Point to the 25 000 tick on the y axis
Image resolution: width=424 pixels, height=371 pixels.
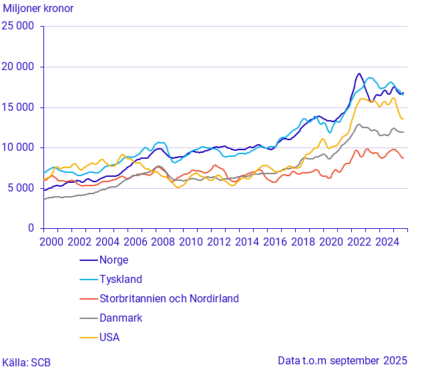pyautogui.click(x=20, y=27)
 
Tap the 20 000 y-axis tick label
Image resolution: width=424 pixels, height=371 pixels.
pyautogui.click(x=20, y=67)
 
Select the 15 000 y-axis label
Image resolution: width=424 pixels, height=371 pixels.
pyautogui.click(x=20, y=107)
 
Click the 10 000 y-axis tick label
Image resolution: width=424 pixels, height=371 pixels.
pyautogui.click(x=20, y=147)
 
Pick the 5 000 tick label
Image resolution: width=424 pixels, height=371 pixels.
pyautogui.click(x=23, y=188)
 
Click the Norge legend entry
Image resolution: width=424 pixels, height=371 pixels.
pyautogui.click(x=114, y=260)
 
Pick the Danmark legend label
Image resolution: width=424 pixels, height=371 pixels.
pyautogui.click(x=121, y=318)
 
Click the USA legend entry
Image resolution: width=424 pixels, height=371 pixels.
pyautogui.click(x=110, y=338)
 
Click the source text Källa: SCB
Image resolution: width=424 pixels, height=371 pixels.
pyautogui.click(x=26, y=362)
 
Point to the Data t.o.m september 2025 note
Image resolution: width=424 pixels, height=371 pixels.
pyautogui.click(x=343, y=361)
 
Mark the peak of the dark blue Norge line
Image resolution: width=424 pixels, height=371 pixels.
pyautogui.click(x=359, y=73)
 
